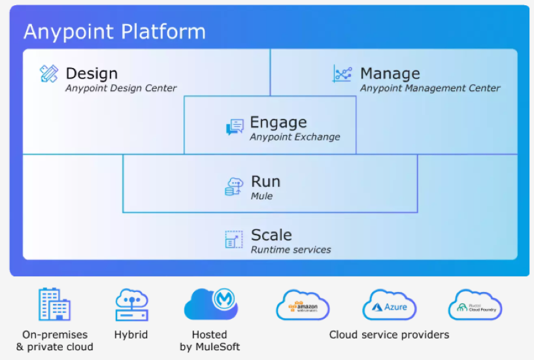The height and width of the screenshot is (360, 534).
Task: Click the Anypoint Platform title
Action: pyautogui.click(x=114, y=31)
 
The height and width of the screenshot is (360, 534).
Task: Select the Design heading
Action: pyautogui.click(x=92, y=73)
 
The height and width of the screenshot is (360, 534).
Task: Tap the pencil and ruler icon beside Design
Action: pyautogui.click(x=49, y=74)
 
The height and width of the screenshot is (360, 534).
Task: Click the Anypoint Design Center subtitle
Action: pyautogui.click(x=121, y=88)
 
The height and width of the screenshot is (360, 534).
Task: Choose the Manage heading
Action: pyautogui.click(x=390, y=73)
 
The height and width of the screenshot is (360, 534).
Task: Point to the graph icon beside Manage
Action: pyautogui.click(x=342, y=74)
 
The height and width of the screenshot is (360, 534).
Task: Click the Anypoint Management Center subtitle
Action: pyautogui.click(x=430, y=88)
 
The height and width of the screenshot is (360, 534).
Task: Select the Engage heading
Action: pyautogui.click(x=278, y=122)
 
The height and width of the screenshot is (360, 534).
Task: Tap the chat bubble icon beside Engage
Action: pyautogui.click(x=235, y=127)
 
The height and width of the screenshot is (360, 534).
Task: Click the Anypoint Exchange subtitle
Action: pyautogui.click(x=295, y=137)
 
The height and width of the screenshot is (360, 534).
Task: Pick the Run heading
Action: pyautogui.click(x=265, y=181)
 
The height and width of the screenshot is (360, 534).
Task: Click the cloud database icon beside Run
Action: pyautogui.click(x=234, y=186)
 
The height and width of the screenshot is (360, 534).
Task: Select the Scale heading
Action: pyautogui.click(x=271, y=235)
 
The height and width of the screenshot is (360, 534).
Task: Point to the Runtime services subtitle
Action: pyautogui.click(x=291, y=250)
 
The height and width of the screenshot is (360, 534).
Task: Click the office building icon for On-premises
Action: pyautogui.click(x=54, y=304)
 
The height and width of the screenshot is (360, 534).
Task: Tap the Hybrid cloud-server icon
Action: pyautogui.click(x=131, y=304)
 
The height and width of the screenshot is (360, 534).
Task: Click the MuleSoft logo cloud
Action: pyautogui.click(x=210, y=303)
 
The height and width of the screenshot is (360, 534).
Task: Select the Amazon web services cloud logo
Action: pyautogui.click(x=302, y=306)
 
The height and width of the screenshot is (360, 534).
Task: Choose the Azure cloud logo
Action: pyautogui.click(x=390, y=306)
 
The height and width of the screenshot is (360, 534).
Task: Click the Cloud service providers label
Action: pyautogui.click(x=389, y=335)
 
